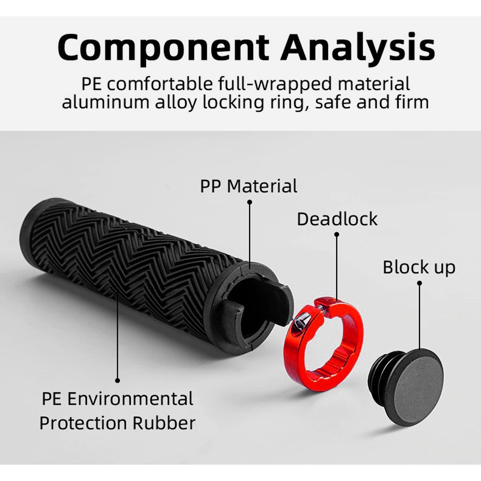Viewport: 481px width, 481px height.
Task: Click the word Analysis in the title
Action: click(358, 47)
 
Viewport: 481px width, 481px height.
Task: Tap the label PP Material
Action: click(249, 186)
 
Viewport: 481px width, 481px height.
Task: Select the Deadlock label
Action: click(337, 219)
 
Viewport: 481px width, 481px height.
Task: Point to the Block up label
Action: click(418, 267)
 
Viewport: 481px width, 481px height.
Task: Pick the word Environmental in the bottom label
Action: click(130, 399)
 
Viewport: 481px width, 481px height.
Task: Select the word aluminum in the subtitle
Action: click(98, 102)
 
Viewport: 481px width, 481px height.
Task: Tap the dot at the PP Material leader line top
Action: click(249, 203)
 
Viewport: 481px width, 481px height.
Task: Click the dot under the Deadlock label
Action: click(337, 235)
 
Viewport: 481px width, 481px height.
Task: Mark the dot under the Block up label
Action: click(419, 283)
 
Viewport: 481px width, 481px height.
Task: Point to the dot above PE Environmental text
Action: click(118, 380)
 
